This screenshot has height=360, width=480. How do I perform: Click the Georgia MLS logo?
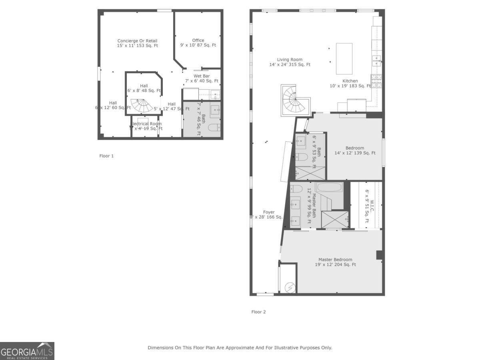pyautogui.click(x=27, y=351)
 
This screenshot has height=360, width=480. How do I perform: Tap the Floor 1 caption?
pyautogui.click(x=106, y=156)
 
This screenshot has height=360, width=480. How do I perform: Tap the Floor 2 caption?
pyautogui.click(x=258, y=312)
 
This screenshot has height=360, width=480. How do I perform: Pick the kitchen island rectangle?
pyautogui.click(x=344, y=58)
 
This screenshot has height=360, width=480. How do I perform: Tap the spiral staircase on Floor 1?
pyautogui.click(x=142, y=105)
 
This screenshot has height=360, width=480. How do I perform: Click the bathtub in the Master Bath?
pyautogui.click(x=329, y=187)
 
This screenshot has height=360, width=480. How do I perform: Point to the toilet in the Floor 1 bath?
pyautogui.click(x=214, y=128)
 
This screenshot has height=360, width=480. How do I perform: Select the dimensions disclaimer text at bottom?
pyautogui.click(x=240, y=348)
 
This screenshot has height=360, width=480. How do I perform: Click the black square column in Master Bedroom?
pyautogui.click(x=379, y=255)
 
